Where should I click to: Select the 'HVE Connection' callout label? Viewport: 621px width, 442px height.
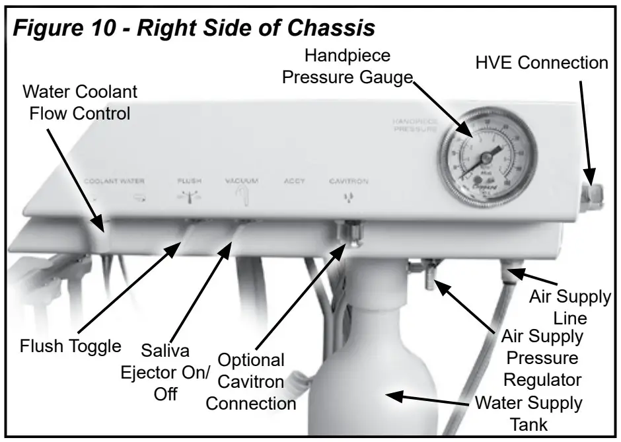[x=541, y=63]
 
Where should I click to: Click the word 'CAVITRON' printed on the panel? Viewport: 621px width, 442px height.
[x=349, y=181]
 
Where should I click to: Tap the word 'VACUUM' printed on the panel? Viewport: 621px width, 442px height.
[x=240, y=180]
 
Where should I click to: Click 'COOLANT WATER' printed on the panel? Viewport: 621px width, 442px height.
[x=114, y=180]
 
